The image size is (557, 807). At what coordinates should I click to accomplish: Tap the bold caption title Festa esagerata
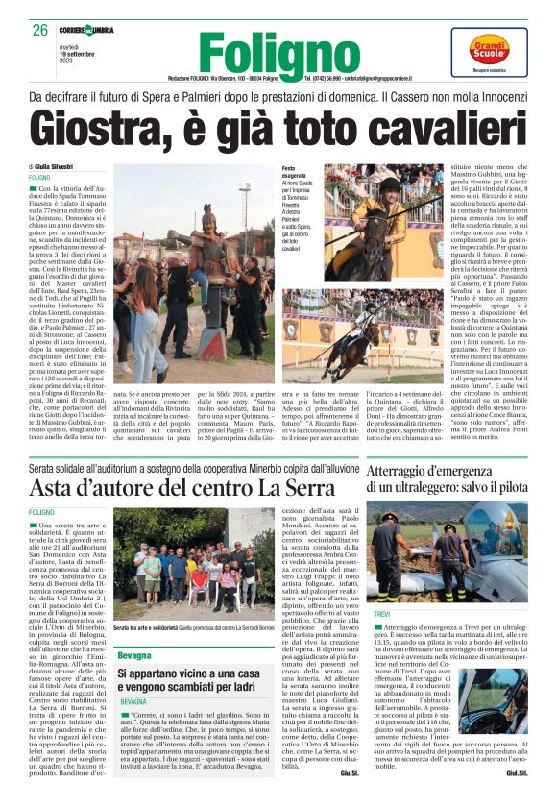pos(294,172)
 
